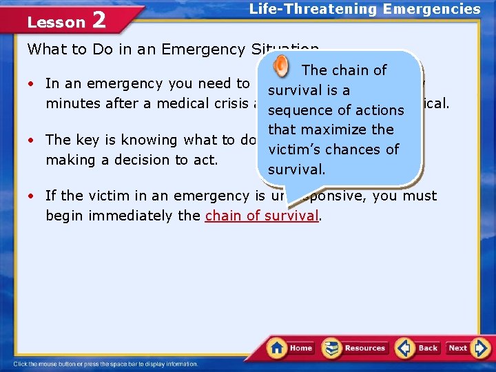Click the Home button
pyautogui.click(x=291, y=348)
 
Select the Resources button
pyautogui.click(x=355, y=348)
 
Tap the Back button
pyautogui.click(x=417, y=348)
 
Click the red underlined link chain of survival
pyautogui.click(x=262, y=216)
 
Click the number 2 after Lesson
pyautogui.click(x=99, y=21)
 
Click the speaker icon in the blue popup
pyautogui.click(x=282, y=67)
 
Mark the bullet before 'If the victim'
pyautogui.click(x=32, y=196)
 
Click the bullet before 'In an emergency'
pyautogui.click(x=32, y=84)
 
